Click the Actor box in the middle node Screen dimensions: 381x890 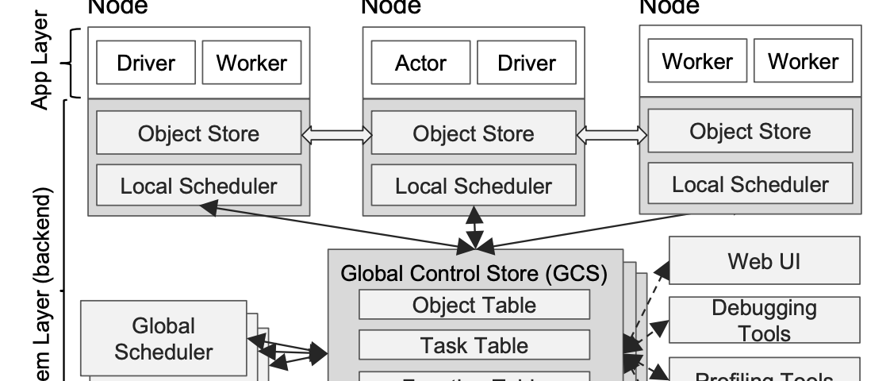click(x=420, y=63)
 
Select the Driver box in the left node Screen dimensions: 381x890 click(x=146, y=63)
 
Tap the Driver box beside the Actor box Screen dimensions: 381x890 click(x=527, y=63)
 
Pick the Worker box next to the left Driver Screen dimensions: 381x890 click(x=251, y=63)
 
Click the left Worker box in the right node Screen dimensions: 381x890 click(x=696, y=61)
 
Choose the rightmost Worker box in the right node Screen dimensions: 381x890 click(x=803, y=61)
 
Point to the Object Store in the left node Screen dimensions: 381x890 click(x=198, y=133)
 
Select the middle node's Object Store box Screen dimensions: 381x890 click(x=474, y=133)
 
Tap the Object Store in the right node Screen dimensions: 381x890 click(x=750, y=131)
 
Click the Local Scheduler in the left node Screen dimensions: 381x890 click(x=198, y=186)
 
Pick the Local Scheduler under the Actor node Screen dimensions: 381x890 click(x=474, y=186)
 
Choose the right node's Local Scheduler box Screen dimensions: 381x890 click(x=750, y=184)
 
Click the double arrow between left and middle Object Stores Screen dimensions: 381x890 click(x=336, y=135)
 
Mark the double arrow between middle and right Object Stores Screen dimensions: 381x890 click(x=612, y=135)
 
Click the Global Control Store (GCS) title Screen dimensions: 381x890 click(x=474, y=275)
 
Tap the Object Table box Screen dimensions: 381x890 click(x=474, y=305)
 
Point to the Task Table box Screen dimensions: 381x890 click(x=474, y=345)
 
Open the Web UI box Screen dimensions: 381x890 click(x=764, y=260)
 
